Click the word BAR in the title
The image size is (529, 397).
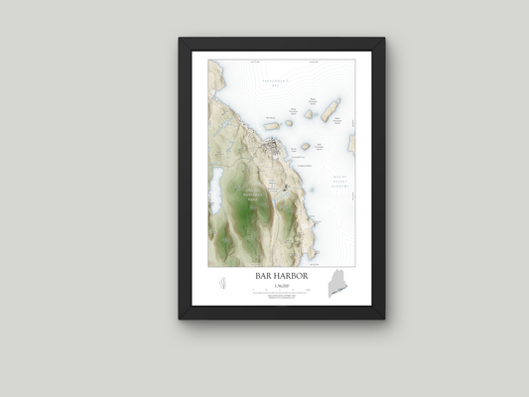(256, 274)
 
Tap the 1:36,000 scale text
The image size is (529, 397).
(280, 284)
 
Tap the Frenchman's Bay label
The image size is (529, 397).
(274, 82)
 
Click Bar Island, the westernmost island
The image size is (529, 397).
(271, 126)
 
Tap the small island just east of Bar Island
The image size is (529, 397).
(289, 124)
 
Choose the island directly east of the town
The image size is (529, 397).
(305, 146)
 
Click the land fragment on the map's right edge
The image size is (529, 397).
(350, 144)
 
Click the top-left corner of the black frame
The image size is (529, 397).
(181, 40)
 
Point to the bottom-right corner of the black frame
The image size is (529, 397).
(383, 318)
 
